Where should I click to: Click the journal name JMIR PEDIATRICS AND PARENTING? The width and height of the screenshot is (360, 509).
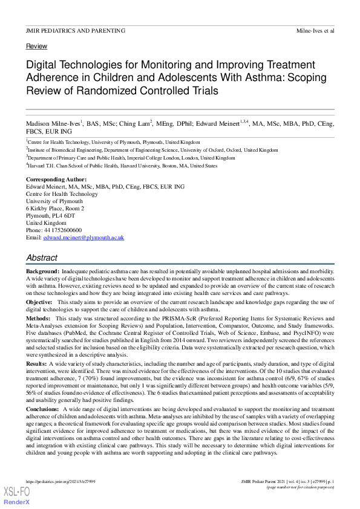pos(76,30)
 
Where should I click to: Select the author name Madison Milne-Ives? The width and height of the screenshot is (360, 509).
pos(53,123)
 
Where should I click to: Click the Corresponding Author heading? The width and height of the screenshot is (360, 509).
pos(56,180)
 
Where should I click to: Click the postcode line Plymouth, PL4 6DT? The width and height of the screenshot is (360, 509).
pos(50,216)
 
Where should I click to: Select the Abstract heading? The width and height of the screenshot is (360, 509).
pos(42,258)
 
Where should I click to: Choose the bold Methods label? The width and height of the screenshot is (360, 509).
pos(38,317)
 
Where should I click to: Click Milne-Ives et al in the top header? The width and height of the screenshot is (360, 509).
pos(315,30)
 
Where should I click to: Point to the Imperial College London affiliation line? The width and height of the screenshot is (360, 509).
pos(131,157)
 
